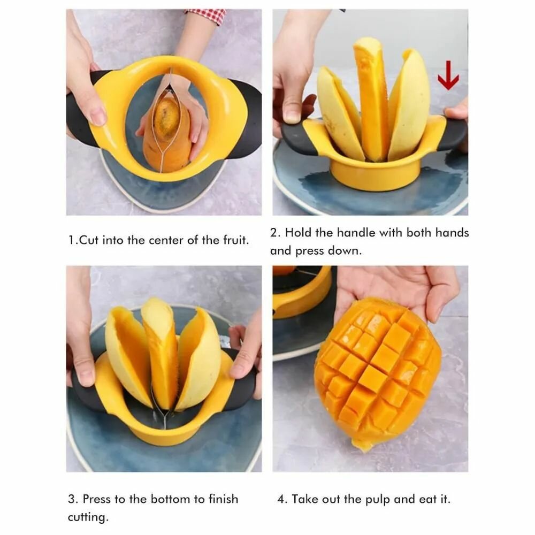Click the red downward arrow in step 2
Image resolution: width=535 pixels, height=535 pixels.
(x=448, y=75)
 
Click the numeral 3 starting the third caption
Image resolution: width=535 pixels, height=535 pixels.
(x=71, y=499)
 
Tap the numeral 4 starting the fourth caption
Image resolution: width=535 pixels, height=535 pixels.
(x=281, y=499)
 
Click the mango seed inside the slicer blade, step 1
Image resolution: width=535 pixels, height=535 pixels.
(x=166, y=118)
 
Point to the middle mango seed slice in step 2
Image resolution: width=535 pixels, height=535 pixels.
(x=371, y=99)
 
